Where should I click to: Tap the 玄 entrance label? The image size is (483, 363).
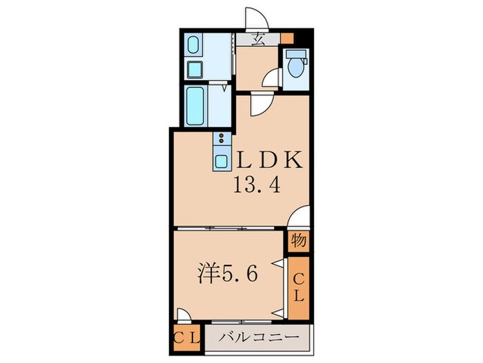point(257,39)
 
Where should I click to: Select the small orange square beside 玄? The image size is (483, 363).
point(287,39)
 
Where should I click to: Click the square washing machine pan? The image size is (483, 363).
point(194,69)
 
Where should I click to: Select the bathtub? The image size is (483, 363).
point(196,105)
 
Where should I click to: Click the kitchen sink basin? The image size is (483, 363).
point(221,161)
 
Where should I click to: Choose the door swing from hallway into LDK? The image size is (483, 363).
point(260,106)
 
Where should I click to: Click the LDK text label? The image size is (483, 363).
point(269,161)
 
